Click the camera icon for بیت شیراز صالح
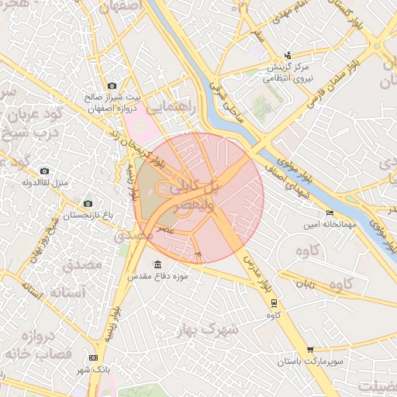pyautogui.click(x=112, y=85)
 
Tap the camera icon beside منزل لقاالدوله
pyautogui.click(x=44, y=171)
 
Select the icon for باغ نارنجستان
pyautogui.click(x=87, y=203)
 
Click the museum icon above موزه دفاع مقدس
pyautogui.click(x=158, y=264)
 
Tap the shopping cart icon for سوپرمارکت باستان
pyautogui.click(x=310, y=350)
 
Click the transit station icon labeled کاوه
pyautogui.click(x=274, y=303)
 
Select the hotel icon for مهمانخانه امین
pyautogui.click(x=330, y=212)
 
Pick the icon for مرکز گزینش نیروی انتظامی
pyautogui.click(x=288, y=55)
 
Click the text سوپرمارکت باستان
pyautogui.click(x=310, y=363)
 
